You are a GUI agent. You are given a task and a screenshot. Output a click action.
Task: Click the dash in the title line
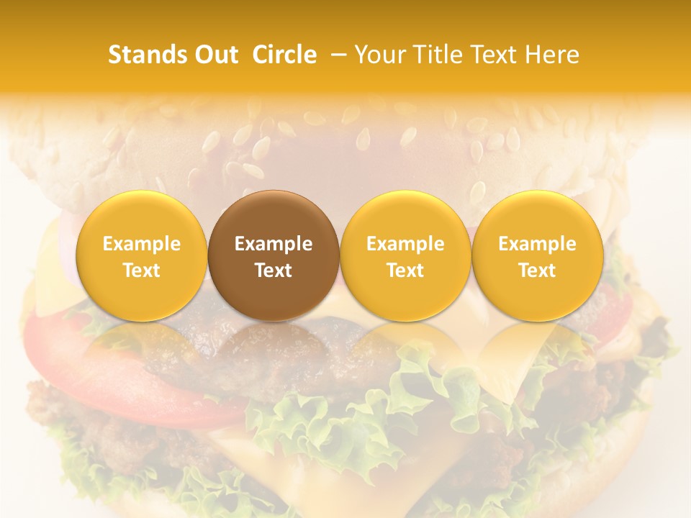336,55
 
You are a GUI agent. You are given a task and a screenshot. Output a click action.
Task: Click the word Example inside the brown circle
274,244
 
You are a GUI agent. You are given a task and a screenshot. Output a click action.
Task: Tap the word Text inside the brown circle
274,271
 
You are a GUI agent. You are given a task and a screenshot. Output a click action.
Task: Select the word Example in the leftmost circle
141,244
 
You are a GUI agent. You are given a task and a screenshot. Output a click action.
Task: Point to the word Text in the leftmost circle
141,271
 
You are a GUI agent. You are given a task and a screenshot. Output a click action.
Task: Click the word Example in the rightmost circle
538,244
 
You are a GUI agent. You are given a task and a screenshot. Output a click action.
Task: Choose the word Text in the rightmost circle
538,271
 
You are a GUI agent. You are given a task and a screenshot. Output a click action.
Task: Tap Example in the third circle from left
405,244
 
